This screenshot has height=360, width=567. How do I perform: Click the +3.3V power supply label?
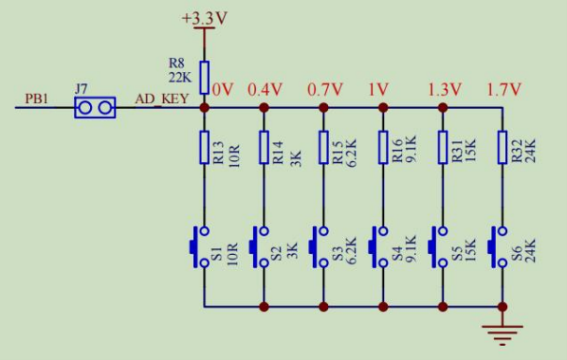204,19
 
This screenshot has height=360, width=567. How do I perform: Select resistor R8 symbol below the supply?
204,78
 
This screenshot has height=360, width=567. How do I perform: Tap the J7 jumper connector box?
95,108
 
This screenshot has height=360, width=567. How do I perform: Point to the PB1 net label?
37,98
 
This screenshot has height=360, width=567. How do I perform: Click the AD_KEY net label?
161,98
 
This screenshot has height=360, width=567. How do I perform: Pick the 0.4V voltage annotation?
264,89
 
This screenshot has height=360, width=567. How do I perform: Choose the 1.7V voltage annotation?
504,89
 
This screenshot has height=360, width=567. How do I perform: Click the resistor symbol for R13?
204,147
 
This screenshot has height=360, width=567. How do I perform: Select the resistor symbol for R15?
323,147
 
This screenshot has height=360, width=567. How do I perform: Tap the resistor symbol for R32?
502,147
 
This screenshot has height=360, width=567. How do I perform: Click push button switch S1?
200,247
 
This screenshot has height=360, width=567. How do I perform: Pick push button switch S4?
379,247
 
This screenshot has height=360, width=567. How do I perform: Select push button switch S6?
498,247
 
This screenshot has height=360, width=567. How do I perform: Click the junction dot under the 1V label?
383,108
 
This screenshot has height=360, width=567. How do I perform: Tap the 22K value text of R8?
180,78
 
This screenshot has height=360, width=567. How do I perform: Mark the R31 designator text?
457,151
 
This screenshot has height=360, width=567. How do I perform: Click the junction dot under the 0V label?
204,108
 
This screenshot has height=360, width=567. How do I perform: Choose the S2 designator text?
276,253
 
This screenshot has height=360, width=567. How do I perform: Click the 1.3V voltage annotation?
445,89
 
